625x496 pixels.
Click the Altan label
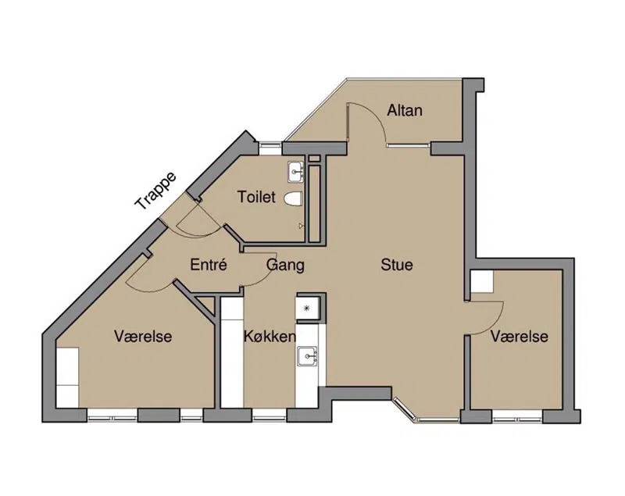click(x=405, y=110)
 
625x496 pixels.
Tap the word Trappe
click(x=155, y=191)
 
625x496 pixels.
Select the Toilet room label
click(x=256, y=197)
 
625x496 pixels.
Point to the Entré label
click(x=209, y=265)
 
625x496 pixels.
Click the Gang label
click(x=285, y=266)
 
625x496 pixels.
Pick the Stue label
click(x=397, y=265)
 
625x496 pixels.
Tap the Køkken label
click(x=270, y=337)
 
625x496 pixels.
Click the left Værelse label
click(x=143, y=336)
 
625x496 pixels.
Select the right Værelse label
click(x=520, y=337)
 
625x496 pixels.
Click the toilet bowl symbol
click(x=295, y=198)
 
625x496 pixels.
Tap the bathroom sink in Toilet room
click(x=296, y=173)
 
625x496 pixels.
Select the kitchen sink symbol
click(x=306, y=355)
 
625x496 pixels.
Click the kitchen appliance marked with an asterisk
click(x=307, y=308)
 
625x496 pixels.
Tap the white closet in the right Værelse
click(x=481, y=282)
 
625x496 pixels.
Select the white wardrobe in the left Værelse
click(x=67, y=377)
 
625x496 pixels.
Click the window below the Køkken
click(x=270, y=418)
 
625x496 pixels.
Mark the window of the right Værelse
click(x=517, y=419)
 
